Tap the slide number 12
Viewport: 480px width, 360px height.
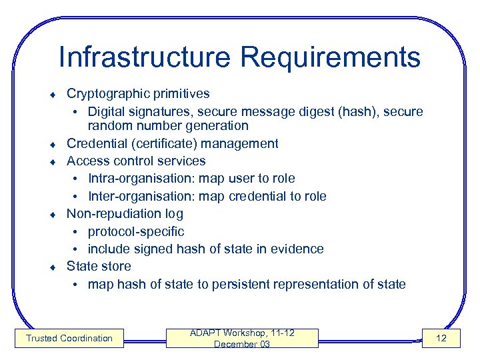(441, 339)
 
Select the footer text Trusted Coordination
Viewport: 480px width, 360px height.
(69, 339)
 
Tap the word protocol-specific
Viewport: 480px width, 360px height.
(136, 231)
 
